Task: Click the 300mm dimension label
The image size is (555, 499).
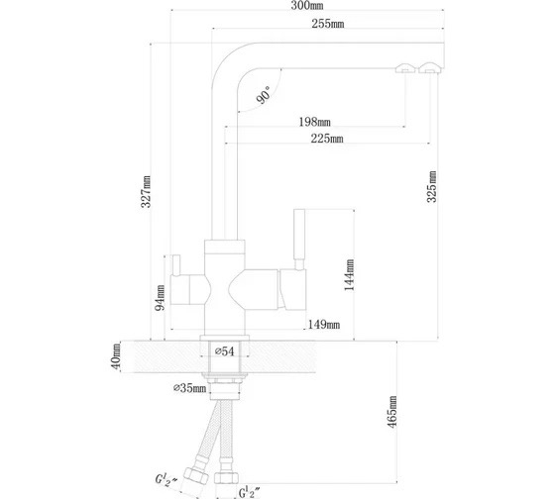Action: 307,6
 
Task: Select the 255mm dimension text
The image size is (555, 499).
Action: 328,24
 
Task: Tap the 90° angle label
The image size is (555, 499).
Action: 264,95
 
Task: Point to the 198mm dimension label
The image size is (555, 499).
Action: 315,122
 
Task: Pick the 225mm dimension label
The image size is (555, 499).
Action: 327,139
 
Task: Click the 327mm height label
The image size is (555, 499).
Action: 146,191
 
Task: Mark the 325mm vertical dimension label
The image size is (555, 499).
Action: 431,187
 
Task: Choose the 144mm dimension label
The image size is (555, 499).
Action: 349,275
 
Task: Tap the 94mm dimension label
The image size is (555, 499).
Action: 160,298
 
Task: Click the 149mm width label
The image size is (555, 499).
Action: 324,325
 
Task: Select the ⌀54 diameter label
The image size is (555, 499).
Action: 225,351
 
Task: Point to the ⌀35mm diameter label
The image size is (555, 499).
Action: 189,388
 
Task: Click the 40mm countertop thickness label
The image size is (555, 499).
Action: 116,356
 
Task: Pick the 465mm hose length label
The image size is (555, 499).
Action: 392,412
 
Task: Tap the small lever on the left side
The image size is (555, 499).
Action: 176,265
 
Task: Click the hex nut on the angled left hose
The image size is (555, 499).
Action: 196,475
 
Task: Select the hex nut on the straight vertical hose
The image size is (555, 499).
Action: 227,477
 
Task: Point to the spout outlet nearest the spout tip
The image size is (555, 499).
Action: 430,67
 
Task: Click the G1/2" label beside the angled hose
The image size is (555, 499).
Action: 166,479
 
